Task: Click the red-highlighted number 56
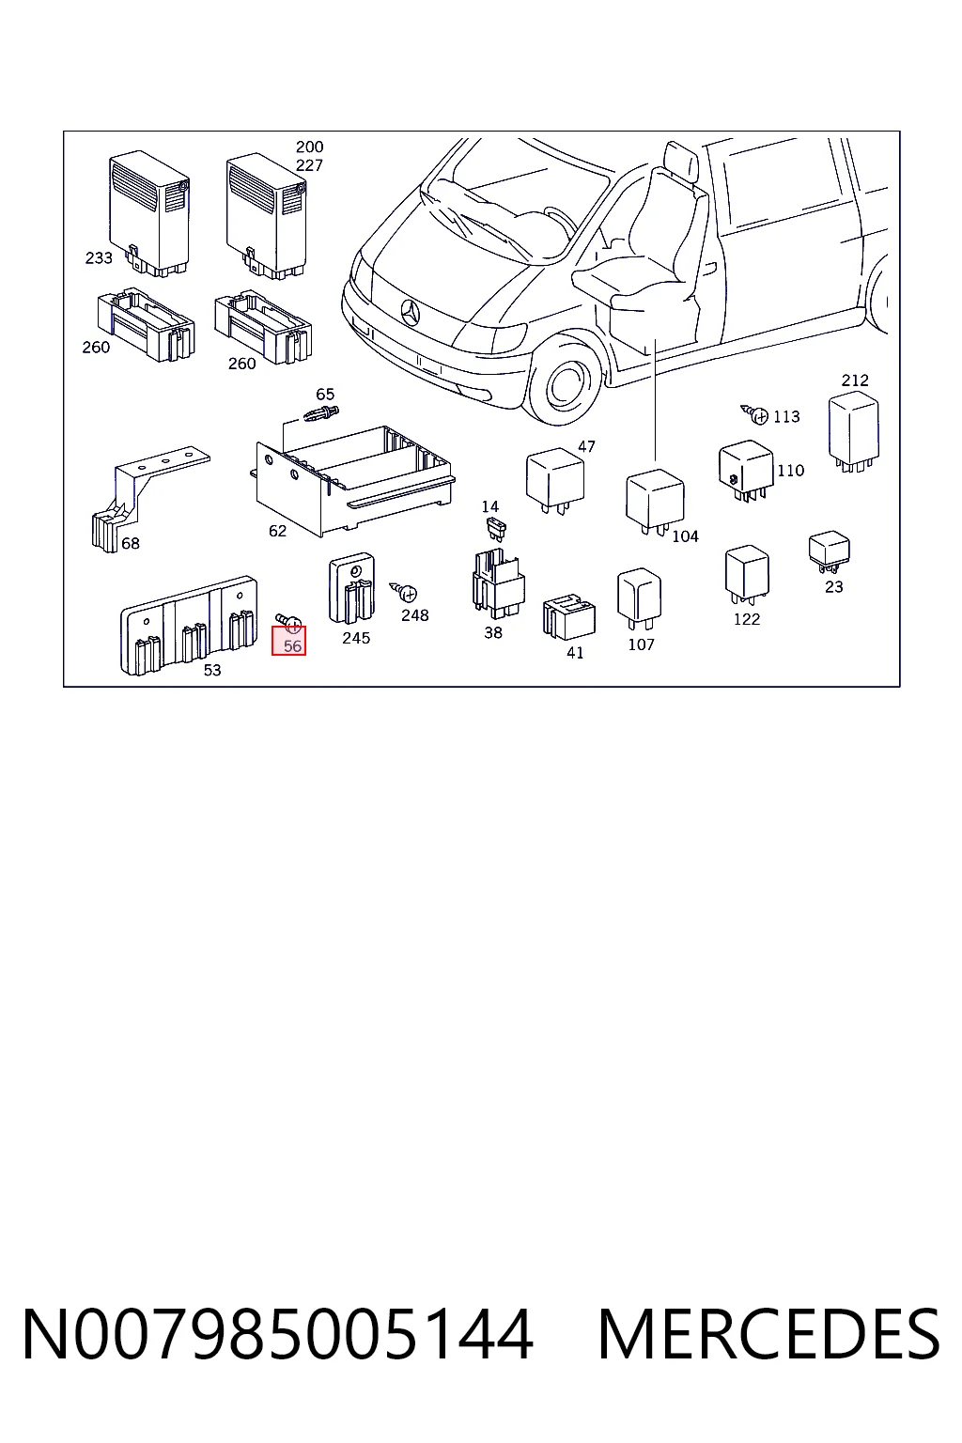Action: (292, 646)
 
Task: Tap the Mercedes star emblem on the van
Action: (410, 313)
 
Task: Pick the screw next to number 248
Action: (403, 591)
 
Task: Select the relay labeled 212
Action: (854, 431)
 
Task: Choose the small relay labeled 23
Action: (830, 551)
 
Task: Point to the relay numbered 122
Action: (747, 574)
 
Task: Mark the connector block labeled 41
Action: (569, 616)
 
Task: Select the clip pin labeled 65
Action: (320, 413)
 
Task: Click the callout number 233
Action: (99, 258)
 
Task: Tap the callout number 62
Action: (277, 531)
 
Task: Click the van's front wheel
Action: (566, 384)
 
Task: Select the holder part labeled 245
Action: (351, 587)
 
